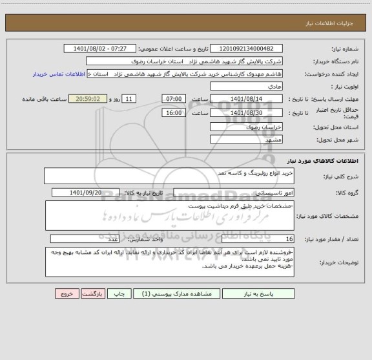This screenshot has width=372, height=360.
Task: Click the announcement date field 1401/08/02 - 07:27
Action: [x=101, y=49]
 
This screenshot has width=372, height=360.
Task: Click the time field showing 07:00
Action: [x=173, y=99]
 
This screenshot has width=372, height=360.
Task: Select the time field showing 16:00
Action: [x=173, y=113]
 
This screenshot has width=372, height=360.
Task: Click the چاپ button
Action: [x=119, y=293]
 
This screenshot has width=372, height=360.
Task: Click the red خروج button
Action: [x=66, y=293]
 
